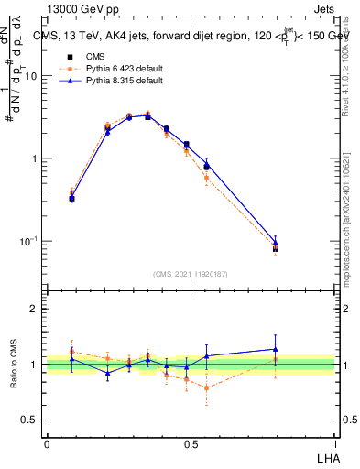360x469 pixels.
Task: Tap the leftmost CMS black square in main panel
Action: tap(72, 198)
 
